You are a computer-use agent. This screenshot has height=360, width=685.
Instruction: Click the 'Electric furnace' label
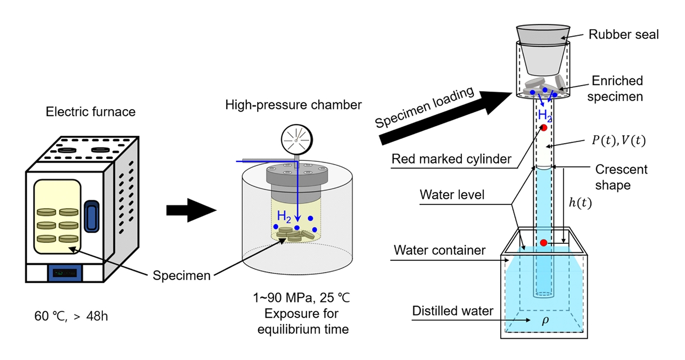click(90, 112)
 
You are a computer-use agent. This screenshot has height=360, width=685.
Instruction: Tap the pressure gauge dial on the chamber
click(296, 140)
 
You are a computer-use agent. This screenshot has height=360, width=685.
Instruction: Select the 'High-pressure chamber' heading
click(293, 105)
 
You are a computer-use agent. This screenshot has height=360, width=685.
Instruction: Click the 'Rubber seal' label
click(623, 35)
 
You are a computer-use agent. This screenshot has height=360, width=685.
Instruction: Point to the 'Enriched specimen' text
click(617, 88)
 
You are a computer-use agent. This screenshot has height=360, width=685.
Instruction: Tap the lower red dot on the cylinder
click(543, 243)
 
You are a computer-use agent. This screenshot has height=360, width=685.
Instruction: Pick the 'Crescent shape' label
click(621, 177)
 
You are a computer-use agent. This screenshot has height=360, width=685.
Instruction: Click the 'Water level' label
click(452, 194)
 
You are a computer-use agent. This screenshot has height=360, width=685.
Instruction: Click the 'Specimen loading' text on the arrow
click(424, 108)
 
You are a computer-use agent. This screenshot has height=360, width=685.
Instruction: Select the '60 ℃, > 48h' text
click(71, 316)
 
